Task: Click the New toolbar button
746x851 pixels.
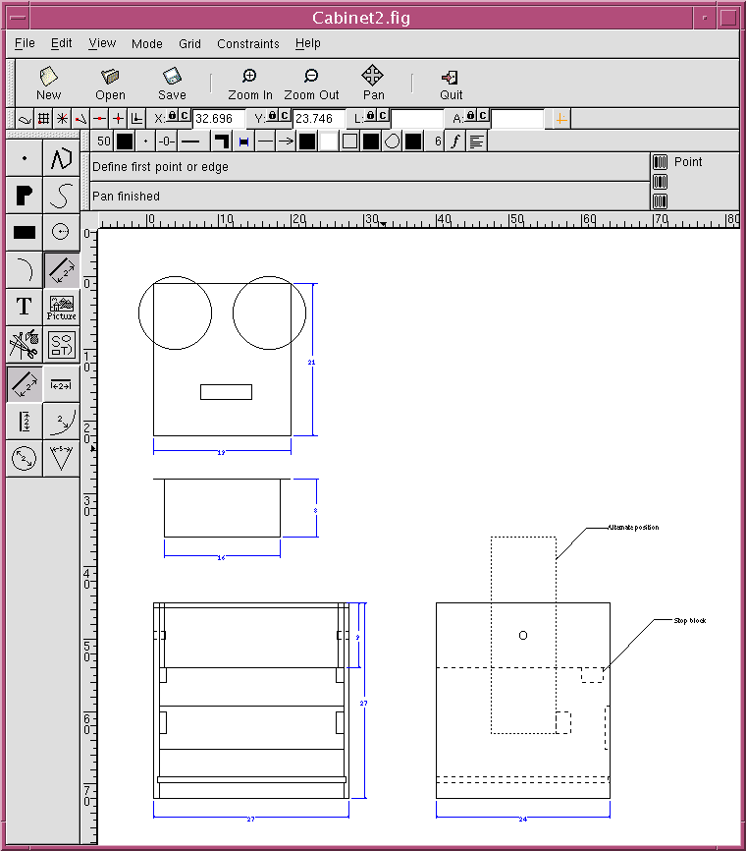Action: click(48, 83)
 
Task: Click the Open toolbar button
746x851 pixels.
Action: click(110, 83)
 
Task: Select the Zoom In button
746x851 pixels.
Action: click(249, 83)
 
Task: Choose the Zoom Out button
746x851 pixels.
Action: click(311, 83)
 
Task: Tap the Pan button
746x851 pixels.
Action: click(373, 83)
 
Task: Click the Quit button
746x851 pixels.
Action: click(451, 83)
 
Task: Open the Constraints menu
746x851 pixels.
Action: click(247, 43)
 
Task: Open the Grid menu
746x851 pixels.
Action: click(189, 43)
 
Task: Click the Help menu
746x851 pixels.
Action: click(308, 43)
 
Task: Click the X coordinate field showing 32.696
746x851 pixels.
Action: click(216, 118)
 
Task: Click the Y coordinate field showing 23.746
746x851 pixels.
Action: click(316, 118)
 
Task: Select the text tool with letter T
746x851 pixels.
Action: click(25, 306)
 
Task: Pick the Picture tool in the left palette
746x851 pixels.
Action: click(61, 307)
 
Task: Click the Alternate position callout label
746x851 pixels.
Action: click(633, 528)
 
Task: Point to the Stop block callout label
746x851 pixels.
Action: click(689, 621)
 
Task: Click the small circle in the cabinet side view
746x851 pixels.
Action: click(522, 636)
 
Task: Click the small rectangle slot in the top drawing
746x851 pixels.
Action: click(226, 392)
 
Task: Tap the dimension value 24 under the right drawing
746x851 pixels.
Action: click(522, 819)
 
